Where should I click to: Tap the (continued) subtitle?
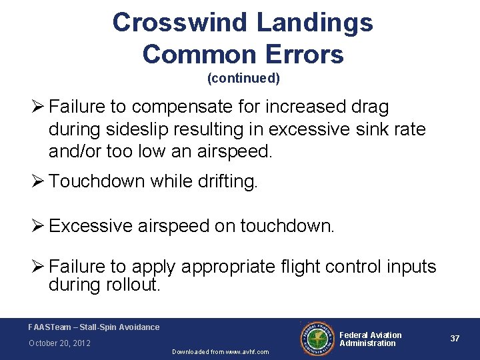tap(243, 79)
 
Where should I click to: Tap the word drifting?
tap(223, 181)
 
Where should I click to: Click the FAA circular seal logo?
tap(317, 339)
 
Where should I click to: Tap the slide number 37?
tap(455, 339)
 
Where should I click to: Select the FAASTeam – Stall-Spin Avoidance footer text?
tap(94, 327)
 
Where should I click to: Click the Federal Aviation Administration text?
tap(370, 339)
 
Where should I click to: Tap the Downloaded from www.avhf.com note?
tap(220, 351)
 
